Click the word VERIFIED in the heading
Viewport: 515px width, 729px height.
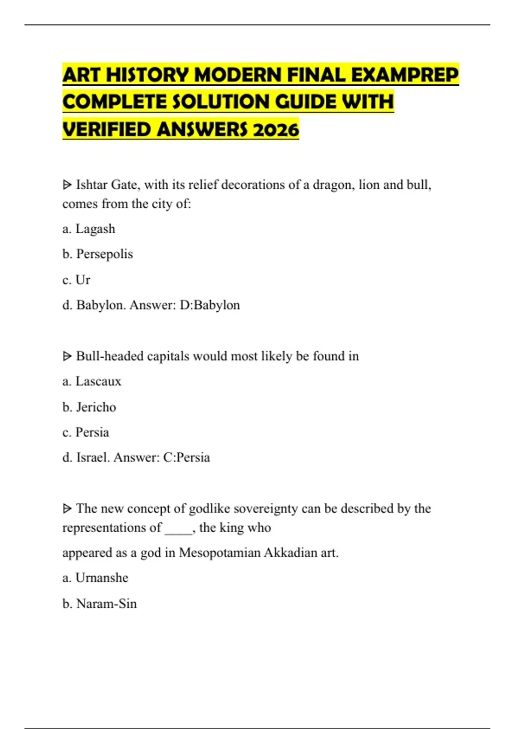107,130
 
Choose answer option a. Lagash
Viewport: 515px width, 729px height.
89,229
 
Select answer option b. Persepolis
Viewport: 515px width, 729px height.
97,254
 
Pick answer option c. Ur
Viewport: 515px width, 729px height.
76,280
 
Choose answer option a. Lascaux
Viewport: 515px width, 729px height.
92,381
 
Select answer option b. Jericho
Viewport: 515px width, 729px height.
89,407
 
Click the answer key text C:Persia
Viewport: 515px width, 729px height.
187,458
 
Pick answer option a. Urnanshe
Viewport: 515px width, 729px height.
95,578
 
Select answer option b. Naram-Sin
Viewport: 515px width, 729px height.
100,604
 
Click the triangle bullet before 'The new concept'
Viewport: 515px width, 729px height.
67,509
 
